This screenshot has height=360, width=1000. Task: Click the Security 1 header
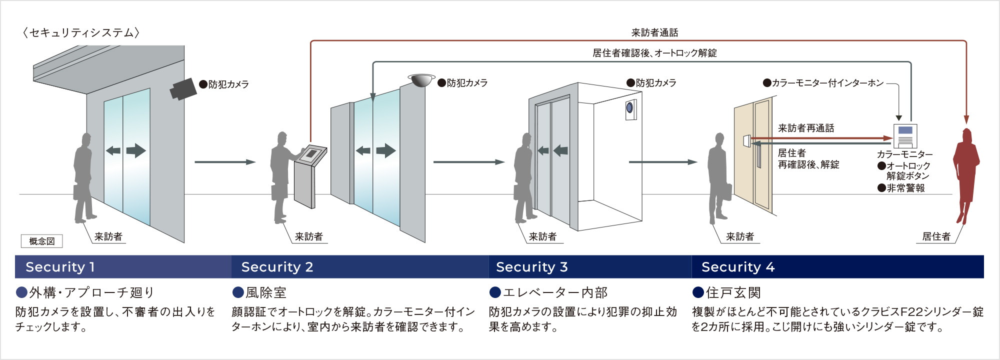(60, 267)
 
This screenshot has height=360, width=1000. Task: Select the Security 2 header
(277, 267)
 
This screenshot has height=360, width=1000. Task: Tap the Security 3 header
(531, 267)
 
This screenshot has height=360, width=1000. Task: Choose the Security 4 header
(737, 267)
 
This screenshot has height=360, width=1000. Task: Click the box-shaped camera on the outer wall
(183, 88)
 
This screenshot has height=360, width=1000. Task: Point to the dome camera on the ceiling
(421, 79)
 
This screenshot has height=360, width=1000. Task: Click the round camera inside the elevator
(630, 107)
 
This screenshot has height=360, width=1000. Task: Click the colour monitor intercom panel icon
(905, 135)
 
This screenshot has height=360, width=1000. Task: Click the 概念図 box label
(41, 241)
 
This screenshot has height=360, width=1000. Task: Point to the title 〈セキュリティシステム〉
(80, 33)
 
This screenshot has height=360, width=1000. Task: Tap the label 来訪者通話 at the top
(654, 33)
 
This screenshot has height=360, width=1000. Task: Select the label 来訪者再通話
(806, 128)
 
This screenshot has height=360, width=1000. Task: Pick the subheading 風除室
(265, 292)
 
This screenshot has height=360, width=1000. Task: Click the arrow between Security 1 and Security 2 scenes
(224, 162)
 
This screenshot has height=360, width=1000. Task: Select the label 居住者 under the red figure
(936, 236)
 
